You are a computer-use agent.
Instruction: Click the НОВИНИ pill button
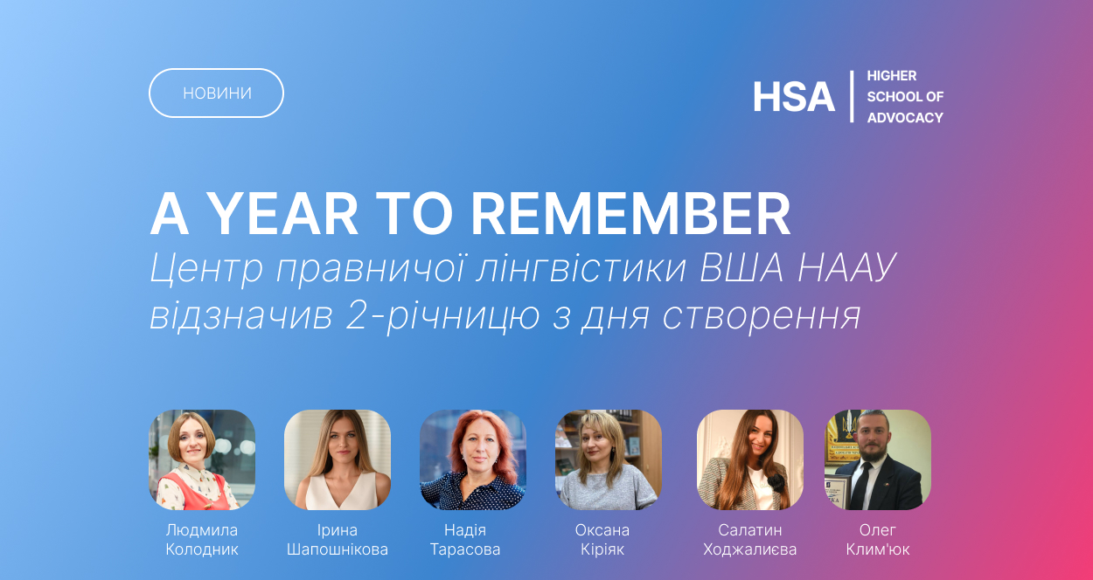216,93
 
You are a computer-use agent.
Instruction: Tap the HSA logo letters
793,97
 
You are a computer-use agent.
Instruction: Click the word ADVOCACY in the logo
905,118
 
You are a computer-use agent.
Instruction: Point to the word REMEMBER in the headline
630,214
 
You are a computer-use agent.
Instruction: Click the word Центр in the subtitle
205,267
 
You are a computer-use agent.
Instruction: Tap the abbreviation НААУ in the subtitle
847,267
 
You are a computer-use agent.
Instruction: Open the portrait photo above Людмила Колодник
202,459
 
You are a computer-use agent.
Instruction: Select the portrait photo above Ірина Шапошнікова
338,459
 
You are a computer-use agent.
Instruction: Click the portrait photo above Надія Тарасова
473,459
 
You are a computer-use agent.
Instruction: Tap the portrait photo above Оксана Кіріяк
609,459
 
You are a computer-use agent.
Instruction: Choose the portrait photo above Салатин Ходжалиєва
750,459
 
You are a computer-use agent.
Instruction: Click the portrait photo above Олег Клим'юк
878,459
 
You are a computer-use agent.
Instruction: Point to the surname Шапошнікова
338,549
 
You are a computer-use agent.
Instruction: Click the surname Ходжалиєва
750,549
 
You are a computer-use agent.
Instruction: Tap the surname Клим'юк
878,549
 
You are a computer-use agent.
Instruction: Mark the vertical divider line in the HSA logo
852,96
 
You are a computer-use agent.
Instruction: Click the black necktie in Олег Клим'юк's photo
862,485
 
